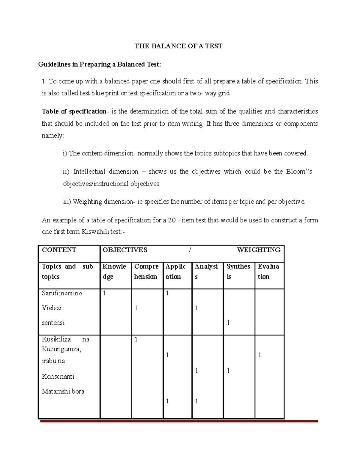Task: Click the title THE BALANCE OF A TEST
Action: (x=178, y=46)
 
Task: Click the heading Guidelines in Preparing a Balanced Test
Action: (x=100, y=65)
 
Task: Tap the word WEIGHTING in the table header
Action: (x=259, y=250)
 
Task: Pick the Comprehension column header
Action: (x=146, y=271)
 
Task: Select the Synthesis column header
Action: (x=238, y=271)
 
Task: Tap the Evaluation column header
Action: (x=268, y=271)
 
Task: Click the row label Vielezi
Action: (x=52, y=308)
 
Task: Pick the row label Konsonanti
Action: (x=58, y=377)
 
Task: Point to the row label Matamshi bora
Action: (x=63, y=391)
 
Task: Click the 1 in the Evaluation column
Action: (x=259, y=355)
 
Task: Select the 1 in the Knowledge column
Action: (x=104, y=293)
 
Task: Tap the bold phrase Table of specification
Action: (x=74, y=112)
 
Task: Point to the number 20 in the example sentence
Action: (x=172, y=220)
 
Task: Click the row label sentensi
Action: (x=53, y=323)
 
